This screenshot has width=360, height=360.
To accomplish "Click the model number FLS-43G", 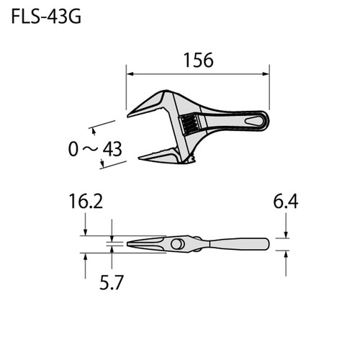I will [x=45, y=17].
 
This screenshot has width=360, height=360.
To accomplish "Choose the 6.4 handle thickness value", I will [x=286, y=202].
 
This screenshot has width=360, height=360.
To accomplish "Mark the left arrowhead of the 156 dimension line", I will [x=130, y=71].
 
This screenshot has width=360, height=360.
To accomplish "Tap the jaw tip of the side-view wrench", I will [x=132, y=244].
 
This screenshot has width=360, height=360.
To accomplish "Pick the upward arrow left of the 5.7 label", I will [x=86, y=257].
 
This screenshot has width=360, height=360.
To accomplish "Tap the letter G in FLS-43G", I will [x=74, y=17].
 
